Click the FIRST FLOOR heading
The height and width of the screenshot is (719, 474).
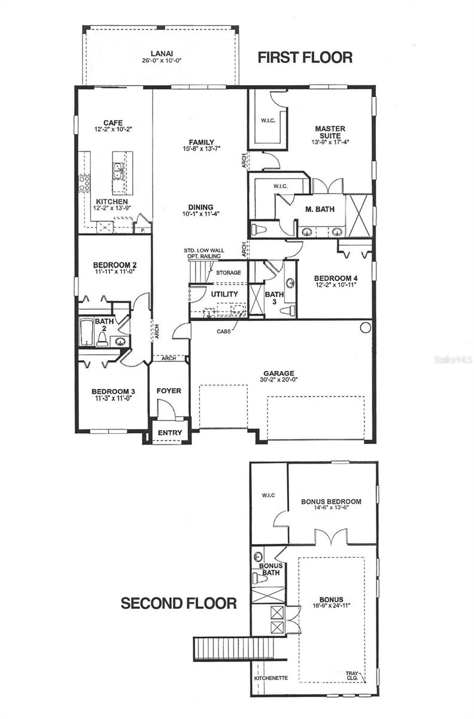point(305,58)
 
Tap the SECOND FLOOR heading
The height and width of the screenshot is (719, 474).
point(179,603)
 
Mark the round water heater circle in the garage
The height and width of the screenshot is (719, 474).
point(365,327)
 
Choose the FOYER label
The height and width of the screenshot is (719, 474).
point(169,391)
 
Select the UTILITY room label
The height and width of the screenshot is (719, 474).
point(224,294)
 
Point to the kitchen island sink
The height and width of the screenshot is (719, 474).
point(118,172)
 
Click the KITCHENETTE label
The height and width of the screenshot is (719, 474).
point(271,678)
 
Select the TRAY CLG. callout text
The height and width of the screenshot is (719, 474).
point(353,676)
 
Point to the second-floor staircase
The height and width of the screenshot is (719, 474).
point(221,648)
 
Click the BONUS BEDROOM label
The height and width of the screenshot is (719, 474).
point(331,502)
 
